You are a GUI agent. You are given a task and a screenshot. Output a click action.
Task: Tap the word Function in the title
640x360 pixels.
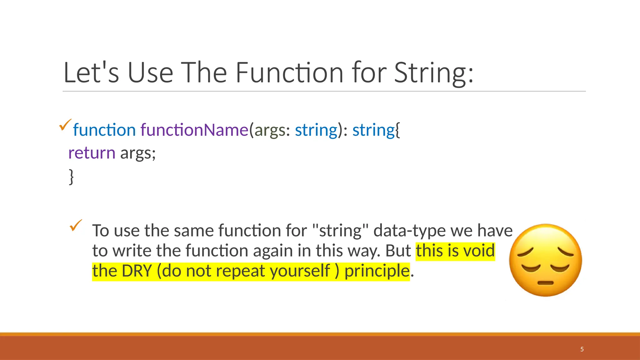point(289,73)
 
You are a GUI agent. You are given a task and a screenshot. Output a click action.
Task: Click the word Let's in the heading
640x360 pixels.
point(91,73)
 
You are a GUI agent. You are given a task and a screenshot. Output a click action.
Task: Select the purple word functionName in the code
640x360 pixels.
point(194,130)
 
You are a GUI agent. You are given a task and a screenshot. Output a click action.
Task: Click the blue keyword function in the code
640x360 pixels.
point(104,130)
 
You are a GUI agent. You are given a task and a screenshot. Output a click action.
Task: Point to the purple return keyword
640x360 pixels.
point(92,153)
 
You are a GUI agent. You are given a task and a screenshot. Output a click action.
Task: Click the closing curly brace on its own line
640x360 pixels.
point(71,177)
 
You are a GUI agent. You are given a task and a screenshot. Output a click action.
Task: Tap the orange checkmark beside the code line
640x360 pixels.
point(65,125)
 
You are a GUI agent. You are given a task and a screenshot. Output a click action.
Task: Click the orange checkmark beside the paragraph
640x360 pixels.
point(76,225)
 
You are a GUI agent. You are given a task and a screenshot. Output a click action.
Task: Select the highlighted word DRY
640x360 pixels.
point(137,271)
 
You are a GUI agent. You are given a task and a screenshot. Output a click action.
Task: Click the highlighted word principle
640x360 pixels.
point(377,271)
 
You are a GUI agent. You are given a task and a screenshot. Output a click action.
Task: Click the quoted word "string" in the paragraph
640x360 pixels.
point(340,231)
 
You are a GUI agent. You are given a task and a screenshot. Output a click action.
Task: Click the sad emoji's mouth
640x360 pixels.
point(545,283)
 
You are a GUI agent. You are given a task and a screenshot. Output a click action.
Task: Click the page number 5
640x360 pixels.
point(582,349)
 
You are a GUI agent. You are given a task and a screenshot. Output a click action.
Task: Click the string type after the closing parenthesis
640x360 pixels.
point(373,130)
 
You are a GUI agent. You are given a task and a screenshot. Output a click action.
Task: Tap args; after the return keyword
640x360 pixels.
point(138,153)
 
